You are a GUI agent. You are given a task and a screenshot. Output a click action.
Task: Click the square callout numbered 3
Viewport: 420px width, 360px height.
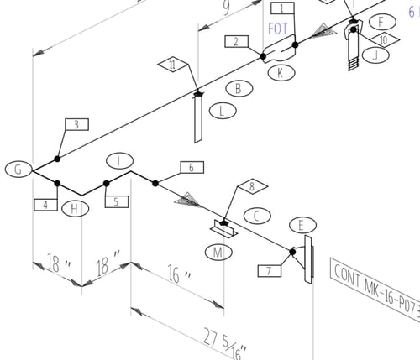76,125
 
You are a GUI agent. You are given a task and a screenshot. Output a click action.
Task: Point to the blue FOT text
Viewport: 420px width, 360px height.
278,29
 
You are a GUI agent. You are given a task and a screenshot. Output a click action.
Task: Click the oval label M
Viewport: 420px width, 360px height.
219,252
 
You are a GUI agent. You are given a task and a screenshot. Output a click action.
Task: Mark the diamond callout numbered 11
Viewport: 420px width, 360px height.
171,65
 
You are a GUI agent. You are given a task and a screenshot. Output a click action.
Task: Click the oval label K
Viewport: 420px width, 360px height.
281,73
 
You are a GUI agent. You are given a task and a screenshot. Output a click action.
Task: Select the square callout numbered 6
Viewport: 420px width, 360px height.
191,168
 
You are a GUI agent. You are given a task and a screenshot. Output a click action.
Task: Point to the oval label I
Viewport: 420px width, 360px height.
120,160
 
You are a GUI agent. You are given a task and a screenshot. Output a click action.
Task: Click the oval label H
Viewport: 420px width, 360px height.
76,208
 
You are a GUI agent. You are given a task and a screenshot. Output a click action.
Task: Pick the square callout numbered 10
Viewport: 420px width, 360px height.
382,39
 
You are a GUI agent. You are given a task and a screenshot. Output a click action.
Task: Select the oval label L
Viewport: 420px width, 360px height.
221,110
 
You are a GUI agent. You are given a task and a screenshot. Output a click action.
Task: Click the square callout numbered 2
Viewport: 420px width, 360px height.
236,41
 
